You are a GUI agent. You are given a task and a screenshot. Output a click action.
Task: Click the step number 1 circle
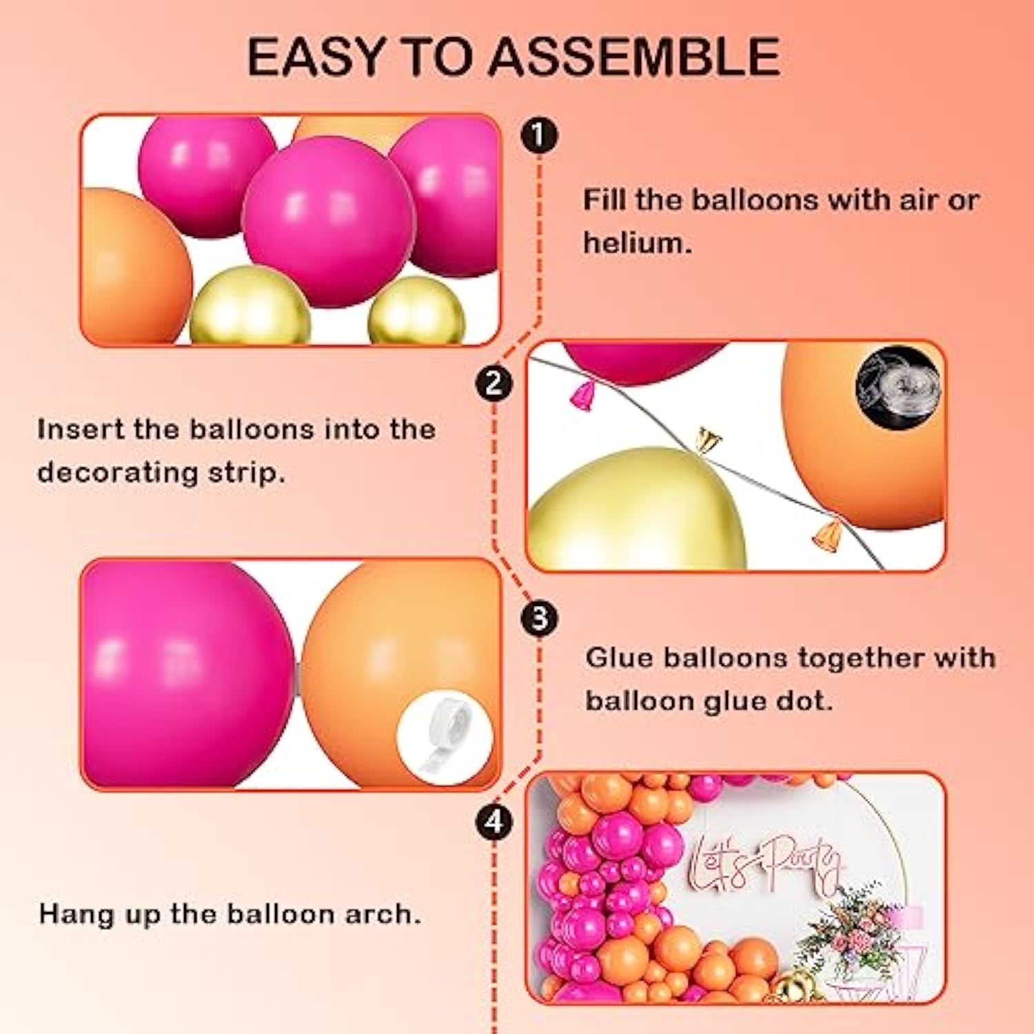pos(539,134)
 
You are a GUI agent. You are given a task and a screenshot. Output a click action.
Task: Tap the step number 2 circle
pos(494,382)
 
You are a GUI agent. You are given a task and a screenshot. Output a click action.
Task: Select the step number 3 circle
pos(539,618)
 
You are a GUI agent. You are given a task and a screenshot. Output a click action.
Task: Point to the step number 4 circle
pos(494,822)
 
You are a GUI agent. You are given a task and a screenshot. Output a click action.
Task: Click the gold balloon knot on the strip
pos(707,438)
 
